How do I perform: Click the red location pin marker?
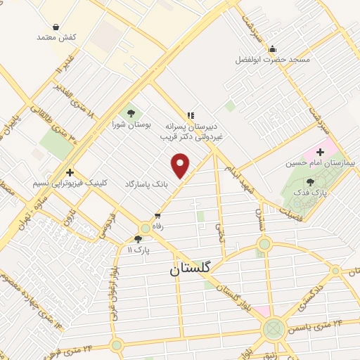(x=181, y=166)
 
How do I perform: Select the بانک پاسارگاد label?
(x=148, y=183)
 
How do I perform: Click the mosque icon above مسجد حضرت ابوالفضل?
(x=273, y=48)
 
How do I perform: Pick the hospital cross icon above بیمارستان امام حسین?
(x=321, y=151)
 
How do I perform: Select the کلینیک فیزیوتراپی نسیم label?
(x=70, y=184)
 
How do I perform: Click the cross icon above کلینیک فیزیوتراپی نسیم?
(x=70, y=172)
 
